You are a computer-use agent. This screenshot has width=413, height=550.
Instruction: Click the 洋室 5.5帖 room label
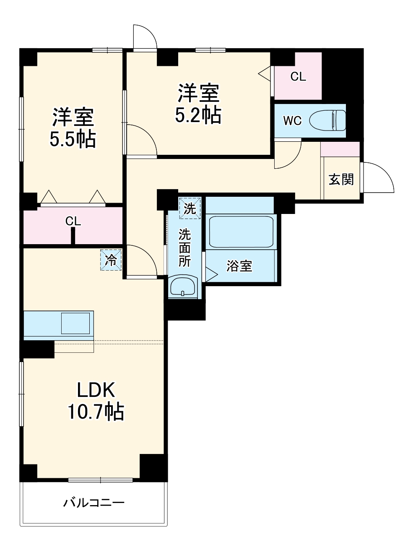click(73, 128)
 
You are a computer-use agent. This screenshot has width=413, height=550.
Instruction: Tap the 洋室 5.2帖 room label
click(198, 104)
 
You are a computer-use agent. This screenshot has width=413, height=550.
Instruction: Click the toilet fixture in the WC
click(327, 120)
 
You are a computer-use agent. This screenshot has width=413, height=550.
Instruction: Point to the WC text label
click(292, 121)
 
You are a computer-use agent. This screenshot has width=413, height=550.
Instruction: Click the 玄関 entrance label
click(341, 180)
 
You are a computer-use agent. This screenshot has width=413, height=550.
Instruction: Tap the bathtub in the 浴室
click(241, 232)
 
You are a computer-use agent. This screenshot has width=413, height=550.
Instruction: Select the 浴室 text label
click(239, 266)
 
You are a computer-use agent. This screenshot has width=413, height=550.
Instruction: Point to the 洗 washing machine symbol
click(190, 209)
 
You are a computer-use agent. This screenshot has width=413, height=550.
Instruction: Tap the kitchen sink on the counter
click(75, 323)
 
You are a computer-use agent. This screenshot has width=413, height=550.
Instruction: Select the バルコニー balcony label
click(94, 502)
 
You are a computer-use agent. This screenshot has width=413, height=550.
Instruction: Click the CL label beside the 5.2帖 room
click(298, 76)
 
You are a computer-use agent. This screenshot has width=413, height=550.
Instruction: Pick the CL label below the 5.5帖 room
click(73, 221)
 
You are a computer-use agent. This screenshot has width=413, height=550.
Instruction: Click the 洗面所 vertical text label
click(184, 248)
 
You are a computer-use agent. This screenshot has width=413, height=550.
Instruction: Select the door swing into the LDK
click(140, 262)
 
